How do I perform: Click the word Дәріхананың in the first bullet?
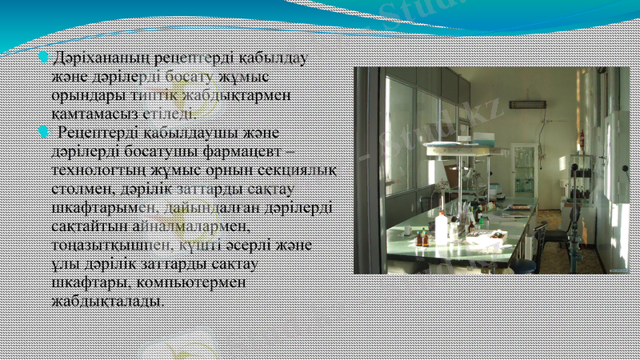[x=98, y=58]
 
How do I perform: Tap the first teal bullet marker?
[x=44, y=58]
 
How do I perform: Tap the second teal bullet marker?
[x=44, y=131]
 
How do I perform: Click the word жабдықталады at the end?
[x=108, y=301]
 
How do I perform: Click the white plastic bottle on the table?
[x=442, y=230]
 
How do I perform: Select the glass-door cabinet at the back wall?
[x=525, y=172]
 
